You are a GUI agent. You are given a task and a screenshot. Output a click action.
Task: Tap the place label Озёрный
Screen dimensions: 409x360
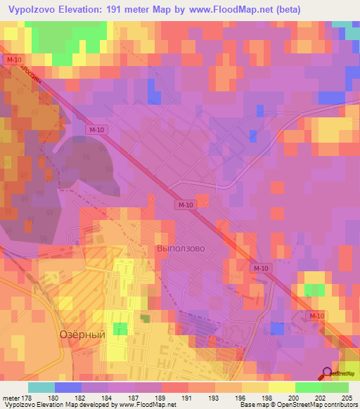point(82,335)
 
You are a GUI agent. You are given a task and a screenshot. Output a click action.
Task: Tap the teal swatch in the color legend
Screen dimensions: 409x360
point(41,387)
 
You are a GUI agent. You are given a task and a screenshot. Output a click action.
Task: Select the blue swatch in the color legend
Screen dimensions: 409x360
point(68,387)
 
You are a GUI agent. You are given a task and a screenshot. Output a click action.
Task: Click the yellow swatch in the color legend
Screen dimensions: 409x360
point(281,387)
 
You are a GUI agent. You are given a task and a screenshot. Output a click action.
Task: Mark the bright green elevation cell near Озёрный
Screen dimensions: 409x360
point(121,329)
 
